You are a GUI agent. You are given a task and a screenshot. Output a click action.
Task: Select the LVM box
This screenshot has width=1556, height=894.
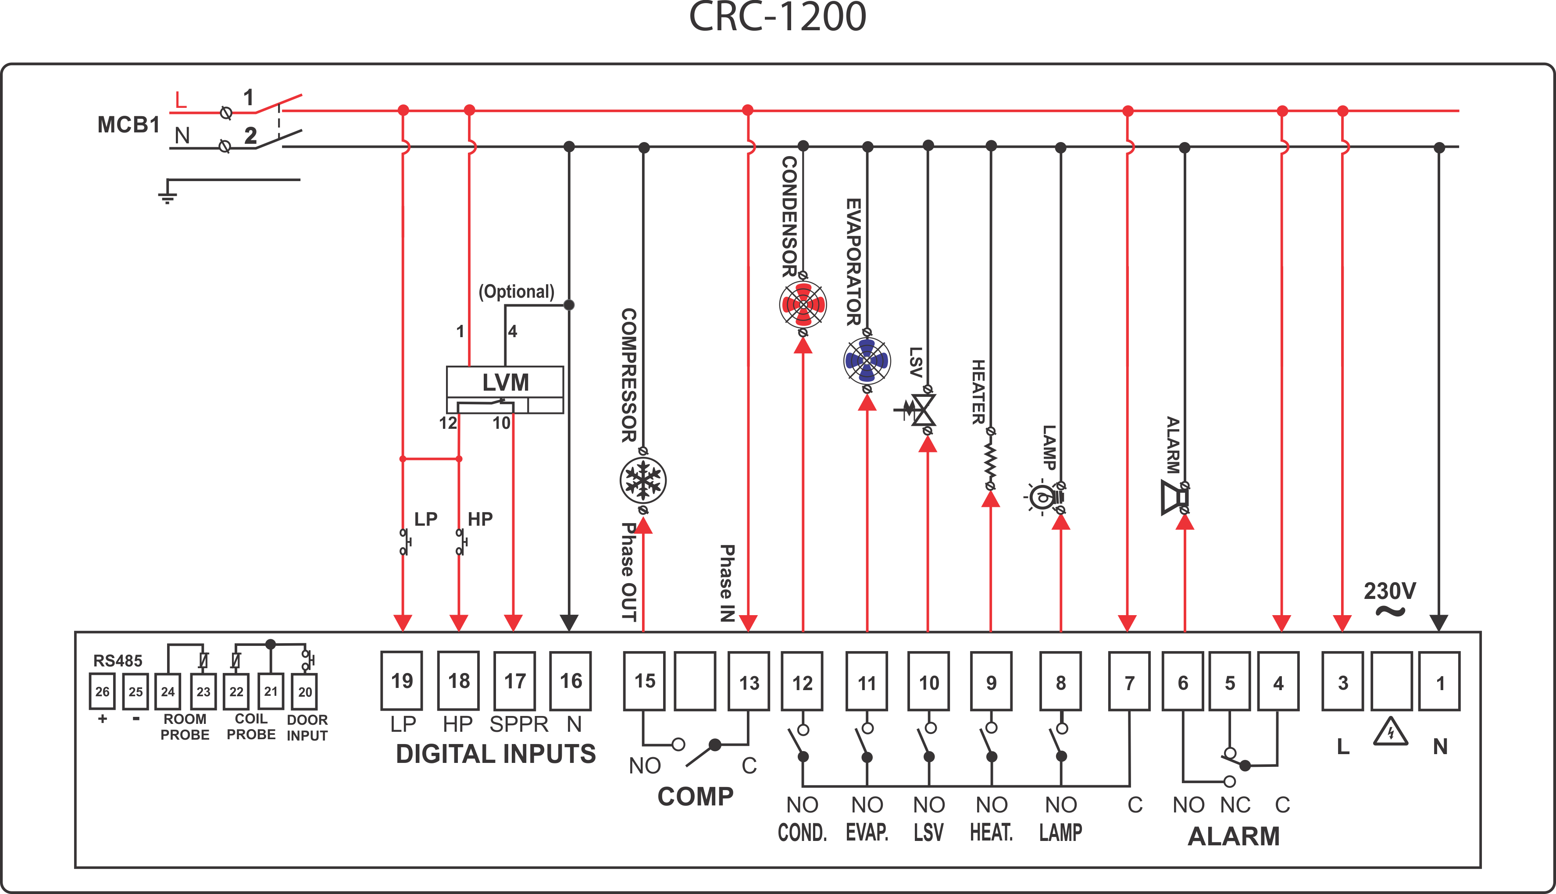[x=505, y=382]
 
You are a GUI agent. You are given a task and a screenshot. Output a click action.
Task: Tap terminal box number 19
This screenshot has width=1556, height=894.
[x=402, y=681]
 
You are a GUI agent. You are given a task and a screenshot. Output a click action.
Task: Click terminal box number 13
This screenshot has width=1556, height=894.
[x=749, y=681]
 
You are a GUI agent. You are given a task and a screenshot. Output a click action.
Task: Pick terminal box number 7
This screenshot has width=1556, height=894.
[x=1128, y=681]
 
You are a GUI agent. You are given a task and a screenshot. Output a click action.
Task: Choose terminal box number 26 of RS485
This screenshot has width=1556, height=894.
[x=102, y=691]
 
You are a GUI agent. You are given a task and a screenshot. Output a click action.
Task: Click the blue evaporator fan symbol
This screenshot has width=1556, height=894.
[x=867, y=361]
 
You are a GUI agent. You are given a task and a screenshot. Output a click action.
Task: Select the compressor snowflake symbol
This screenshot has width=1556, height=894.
[x=643, y=480]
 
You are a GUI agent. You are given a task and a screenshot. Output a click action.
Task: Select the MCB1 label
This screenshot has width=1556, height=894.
[x=128, y=125]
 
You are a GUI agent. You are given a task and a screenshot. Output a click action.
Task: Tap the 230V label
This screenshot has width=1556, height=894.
[x=1390, y=591]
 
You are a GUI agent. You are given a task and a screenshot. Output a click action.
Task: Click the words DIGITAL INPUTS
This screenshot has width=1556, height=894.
[x=495, y=754]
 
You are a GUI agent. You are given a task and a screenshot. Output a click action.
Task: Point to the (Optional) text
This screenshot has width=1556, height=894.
[x=517, y=292]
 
